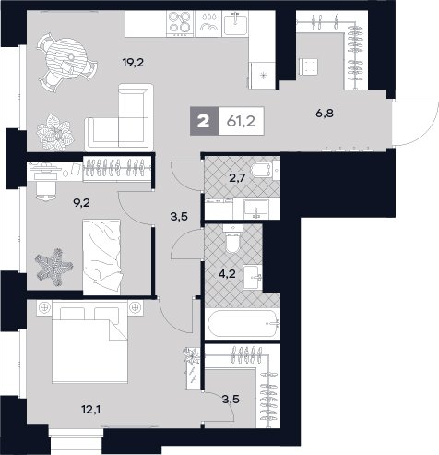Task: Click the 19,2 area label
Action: [x=133, y=63]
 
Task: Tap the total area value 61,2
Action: [x=241, y=122]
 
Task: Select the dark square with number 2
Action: [x=204, y=121]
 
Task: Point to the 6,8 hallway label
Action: [x=325, y=114]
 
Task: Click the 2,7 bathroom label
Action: [x=237, y=177]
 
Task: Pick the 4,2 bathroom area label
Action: [x=227, y=273]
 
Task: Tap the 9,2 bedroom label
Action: [x=81, y=203]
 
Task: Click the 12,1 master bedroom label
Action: [x=90, y=410]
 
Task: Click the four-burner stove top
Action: [x=180, y=24]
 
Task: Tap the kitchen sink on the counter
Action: [x=235, y=23]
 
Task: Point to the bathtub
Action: [x=243, y=324]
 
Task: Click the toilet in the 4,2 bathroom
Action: [x=232, y=238]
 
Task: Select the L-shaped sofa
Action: [x=119, y=117]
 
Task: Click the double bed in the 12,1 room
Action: [x=89, y=341]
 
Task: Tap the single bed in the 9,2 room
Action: [x=101, y=257]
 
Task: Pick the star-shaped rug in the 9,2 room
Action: [x=53, y=267]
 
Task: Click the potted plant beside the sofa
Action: [x=55, y=133]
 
